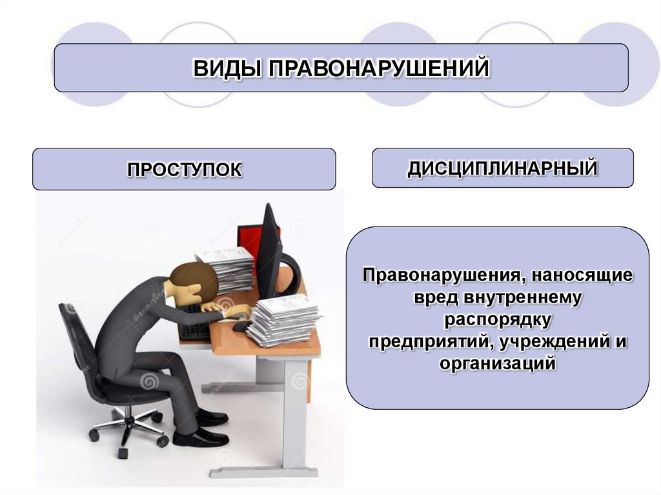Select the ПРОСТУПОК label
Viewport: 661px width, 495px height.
184,170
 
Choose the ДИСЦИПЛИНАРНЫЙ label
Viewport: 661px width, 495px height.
502,168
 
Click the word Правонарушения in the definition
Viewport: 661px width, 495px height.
438,276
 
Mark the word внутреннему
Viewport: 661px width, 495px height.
522,298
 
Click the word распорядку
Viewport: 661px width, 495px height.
497,319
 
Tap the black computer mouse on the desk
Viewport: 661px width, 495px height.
240,327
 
